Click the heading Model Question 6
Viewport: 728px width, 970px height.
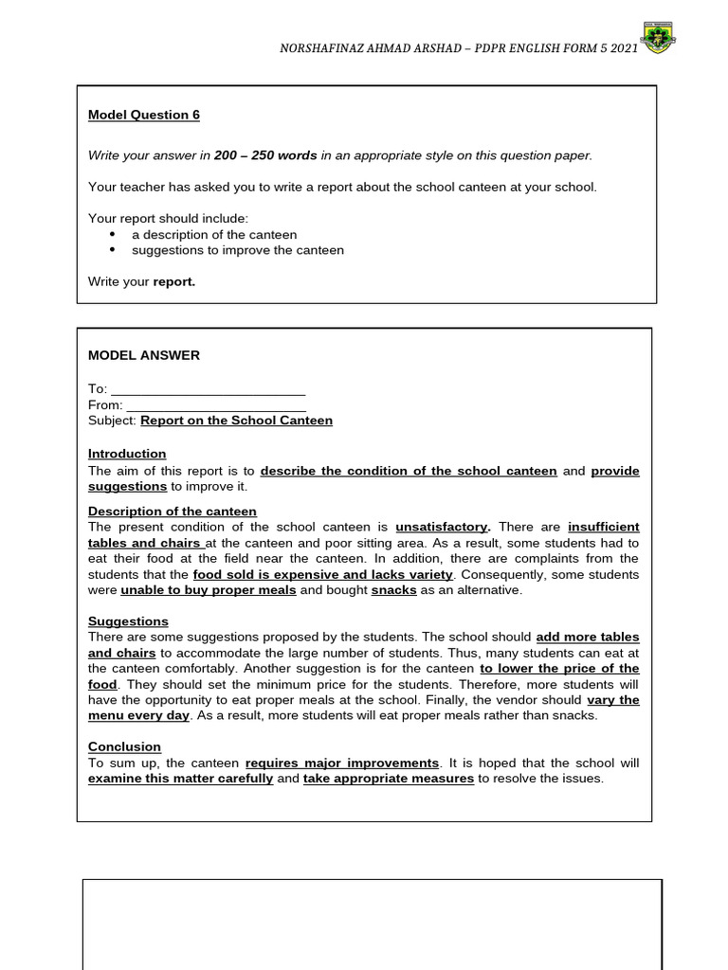point(144,115)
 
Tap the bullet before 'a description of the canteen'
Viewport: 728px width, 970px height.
point(113,234)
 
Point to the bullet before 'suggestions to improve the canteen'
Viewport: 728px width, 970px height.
point(113,250)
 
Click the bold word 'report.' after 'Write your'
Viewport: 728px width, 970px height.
point(174,281)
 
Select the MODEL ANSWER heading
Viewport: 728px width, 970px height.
point(144,355)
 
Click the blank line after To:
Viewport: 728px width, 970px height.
point(209,389)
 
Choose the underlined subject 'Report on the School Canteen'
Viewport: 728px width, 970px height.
point(237,421)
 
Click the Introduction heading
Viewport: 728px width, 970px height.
point(127,454)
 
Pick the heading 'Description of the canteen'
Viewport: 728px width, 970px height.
point(173,512)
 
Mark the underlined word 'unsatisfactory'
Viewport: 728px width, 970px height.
point(442,527)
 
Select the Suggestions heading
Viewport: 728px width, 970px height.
point(128,621)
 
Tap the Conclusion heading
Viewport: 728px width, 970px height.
point(124,746)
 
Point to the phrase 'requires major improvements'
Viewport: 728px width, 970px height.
point(342,763)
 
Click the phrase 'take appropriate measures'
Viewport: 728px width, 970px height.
point(389,779)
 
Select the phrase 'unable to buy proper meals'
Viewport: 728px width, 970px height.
point(209,590)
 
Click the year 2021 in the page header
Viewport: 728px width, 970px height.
point(622,46)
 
